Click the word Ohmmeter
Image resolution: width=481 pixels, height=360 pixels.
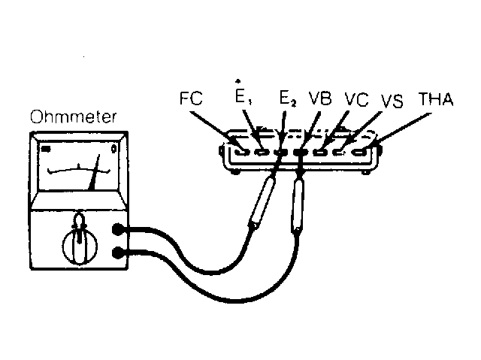[x=74, y=116]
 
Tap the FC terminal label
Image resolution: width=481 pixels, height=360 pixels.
[x=191, y=98]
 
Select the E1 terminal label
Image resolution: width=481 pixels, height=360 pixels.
[x=244, y=97]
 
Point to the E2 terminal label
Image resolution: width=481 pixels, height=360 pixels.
[x=288, y=98]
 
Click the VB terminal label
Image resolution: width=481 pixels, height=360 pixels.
[x=320, y=98]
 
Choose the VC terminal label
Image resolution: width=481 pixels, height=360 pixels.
[x=356, y=99]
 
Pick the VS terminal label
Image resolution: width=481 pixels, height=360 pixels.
[x=392, y=101]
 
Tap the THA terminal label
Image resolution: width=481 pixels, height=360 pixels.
[x=436, y=98]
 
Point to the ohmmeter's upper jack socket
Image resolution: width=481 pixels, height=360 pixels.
[x=117, y=229]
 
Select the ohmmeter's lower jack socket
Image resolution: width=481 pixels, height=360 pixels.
[x=117, y=253]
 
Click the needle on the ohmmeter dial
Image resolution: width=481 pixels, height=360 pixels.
[x=95, y=172]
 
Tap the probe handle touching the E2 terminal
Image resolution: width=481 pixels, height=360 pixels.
[x=262, y=203]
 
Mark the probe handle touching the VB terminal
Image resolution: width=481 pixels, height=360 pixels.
[x=298, y=207]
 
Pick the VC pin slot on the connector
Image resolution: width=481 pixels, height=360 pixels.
[x=320, y=152]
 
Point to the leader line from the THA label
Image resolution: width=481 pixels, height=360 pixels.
[x=402, y=129]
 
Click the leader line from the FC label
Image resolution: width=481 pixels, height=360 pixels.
[x=216, y=131]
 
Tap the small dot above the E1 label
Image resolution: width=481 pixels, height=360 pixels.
[x=237, y=81]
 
